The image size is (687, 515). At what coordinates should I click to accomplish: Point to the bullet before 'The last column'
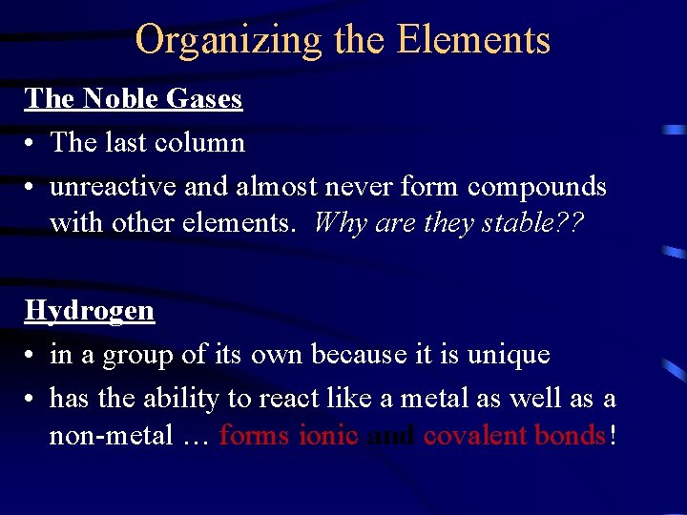click(x=31, y=144)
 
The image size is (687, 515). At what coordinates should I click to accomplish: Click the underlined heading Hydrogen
click(x=89, y=310)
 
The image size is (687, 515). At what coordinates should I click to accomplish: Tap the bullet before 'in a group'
click(x=31, y=356)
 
